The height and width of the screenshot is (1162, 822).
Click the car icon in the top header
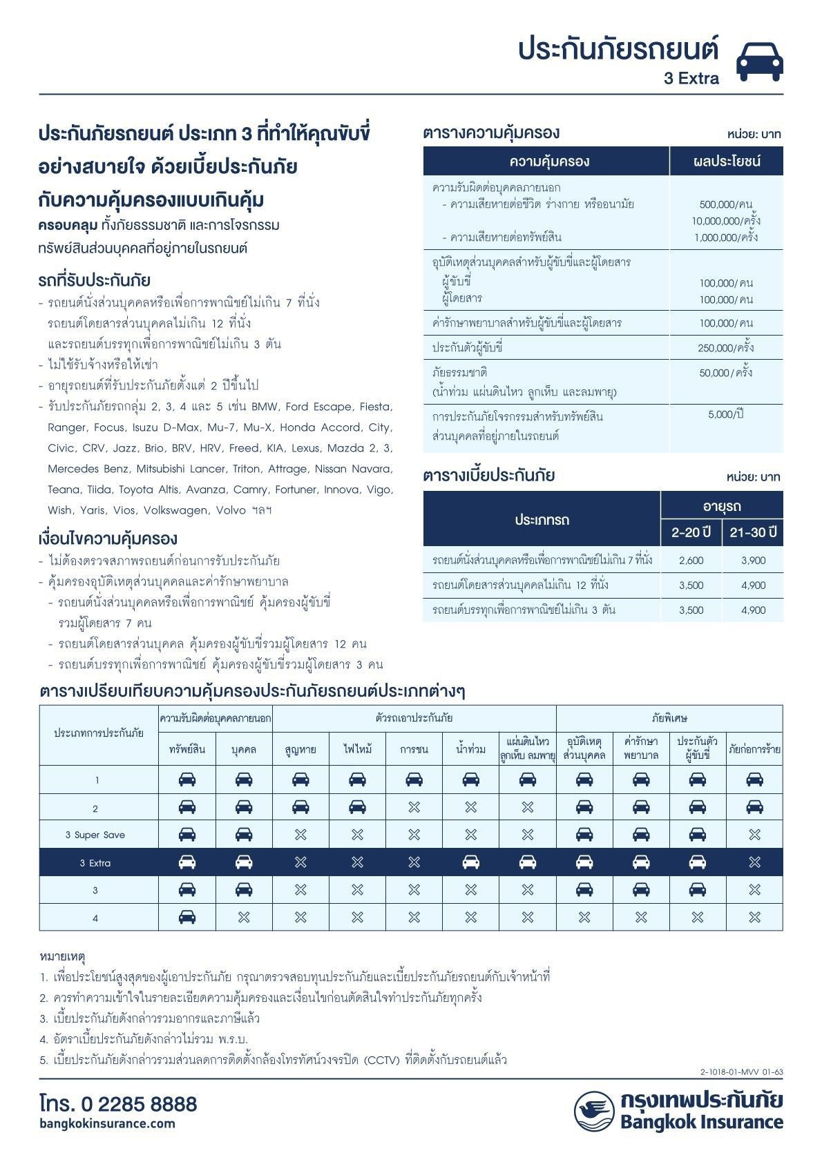(x=759, y=61)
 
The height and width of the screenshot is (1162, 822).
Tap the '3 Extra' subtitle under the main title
(x=691, y=79)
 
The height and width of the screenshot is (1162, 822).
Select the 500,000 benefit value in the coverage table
(x=725, y=204)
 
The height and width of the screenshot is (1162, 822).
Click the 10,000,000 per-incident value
(x=725, y=221)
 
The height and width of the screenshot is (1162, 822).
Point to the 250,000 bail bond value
(x=725, y=348)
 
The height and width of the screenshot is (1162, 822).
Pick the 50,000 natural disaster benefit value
(x=725, y=373)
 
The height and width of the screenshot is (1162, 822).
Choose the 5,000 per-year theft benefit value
(x=725, y=414)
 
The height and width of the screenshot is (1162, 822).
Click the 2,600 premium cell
(x=691, y=561)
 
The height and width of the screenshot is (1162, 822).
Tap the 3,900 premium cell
(x=753, y=561)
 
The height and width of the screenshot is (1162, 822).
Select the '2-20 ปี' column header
(x=691, y=532)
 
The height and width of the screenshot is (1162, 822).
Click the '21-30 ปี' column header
(x=753, y=532)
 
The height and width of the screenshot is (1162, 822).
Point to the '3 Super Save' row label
(x=95, y=835)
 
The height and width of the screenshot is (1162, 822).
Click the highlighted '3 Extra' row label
(x=95, y=863)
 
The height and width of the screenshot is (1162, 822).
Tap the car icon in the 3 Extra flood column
(x=470, y=862)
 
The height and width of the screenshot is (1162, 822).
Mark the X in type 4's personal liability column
(x=244, y=918)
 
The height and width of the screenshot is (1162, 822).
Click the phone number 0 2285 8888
(x=118, y=1104)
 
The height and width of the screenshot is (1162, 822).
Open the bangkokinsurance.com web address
(x=107, y=1123)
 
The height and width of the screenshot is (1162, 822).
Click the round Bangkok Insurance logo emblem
(x=593, y=1111)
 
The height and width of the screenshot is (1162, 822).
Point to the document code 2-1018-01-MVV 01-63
(x=741, y=1072)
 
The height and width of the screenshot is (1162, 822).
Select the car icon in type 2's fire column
(x=357, y=806)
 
